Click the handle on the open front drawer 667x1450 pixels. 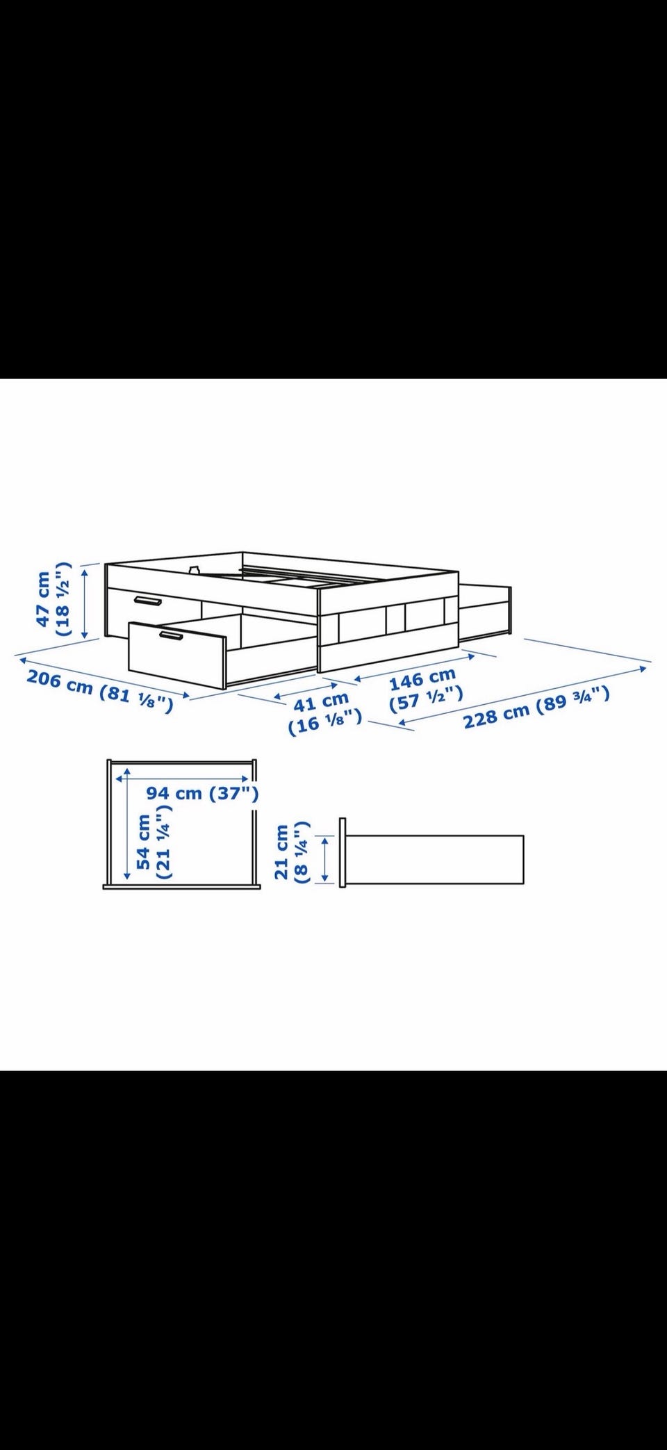coord(169,635)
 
